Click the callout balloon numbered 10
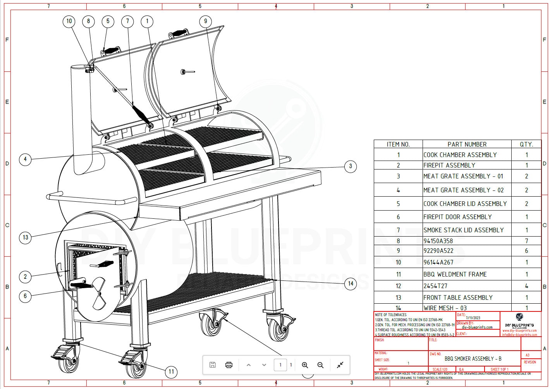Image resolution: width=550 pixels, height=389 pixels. (69, 21)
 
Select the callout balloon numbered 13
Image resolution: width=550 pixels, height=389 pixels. (25, 237)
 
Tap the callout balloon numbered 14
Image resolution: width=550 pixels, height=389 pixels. (351, 284)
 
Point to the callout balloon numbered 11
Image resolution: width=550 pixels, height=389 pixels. (171, 372)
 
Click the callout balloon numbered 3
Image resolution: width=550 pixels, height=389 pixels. (351, 166)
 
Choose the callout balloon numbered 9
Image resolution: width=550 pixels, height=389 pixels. (206, 21)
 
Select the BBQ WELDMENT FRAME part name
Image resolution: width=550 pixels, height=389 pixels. (455, 274)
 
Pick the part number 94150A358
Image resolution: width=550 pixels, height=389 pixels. (438, 241)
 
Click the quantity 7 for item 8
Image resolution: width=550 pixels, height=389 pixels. (526, 241)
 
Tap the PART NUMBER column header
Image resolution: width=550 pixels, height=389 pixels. (467, 144)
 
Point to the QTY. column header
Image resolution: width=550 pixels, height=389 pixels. (526, 144)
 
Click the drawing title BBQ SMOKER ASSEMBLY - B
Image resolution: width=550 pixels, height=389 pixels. (473, 359)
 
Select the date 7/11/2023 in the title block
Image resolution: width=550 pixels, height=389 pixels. (473, 318)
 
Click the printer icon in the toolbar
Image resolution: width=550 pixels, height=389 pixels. (229, 365)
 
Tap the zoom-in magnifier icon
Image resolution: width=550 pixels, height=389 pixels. (305, 365)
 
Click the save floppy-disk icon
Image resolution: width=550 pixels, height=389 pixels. (213, 365)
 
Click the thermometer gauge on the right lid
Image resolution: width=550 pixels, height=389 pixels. (183, 72)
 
